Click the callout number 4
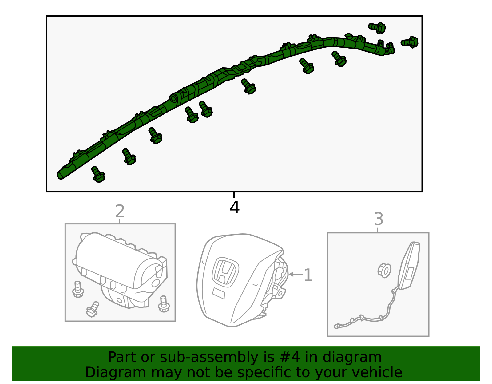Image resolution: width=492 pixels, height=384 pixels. click(234, 207)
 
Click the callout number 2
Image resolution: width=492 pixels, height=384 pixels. click(120, 211)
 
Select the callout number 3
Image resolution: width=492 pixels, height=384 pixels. click(379, 219)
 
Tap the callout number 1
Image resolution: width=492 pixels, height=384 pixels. click(308, 275)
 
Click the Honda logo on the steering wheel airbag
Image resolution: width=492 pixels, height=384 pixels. click(225, 272)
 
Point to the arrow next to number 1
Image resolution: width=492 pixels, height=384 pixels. click(296, 274)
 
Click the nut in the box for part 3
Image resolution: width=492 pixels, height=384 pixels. click(384, 271)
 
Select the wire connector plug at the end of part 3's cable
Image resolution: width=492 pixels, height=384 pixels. click(336, 327)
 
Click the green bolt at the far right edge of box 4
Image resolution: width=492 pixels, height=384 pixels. click(410, 42)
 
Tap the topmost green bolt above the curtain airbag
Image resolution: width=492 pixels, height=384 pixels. click(377, 28)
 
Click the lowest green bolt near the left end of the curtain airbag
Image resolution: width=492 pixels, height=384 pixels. click(98, 174)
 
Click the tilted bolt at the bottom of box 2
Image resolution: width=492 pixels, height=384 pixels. click(92, 309)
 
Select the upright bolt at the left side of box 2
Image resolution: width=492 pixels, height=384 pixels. click(78, 289)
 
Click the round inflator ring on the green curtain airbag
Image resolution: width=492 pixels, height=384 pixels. click(173, 98)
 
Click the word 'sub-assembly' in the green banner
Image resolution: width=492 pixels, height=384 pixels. click(209, 357)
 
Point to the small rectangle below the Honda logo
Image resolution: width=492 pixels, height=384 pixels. click(219, 294)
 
